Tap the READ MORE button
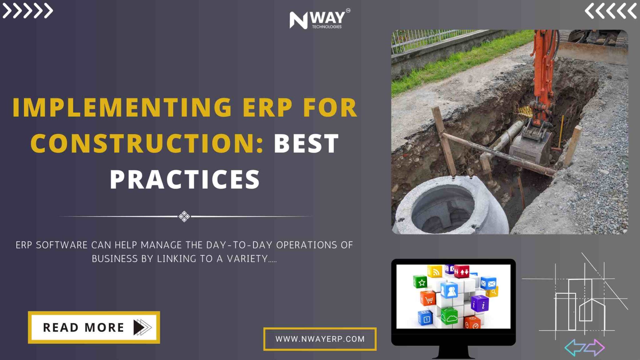pyautogui.click(x=94, y=327)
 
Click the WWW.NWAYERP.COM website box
pyautogui.click(x=320, y=339)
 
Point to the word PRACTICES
pyautogui.click(x=185, y=179)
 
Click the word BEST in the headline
pyautogui.click(x=306, y=143)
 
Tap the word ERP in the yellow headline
pyautogui.click(x=267, y=107)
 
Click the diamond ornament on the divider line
pyautogui.click(x=184, y=216)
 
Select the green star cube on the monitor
pyautogui.click(x=420, y=282)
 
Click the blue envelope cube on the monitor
pyautogui.click(x=488, y=283)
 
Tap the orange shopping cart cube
pyautogui.click(x=428, y=298)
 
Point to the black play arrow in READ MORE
pyautogui.click(x=139, y=327)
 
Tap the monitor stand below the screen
pyautogui.click(x=453, y=352)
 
